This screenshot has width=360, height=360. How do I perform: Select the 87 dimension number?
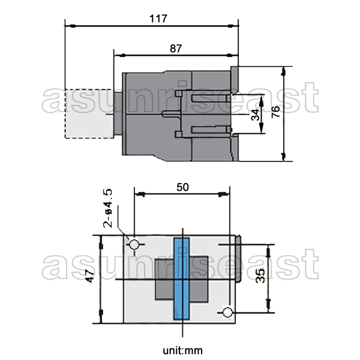tap(176, 49)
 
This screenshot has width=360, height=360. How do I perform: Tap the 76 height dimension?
tap(275, 113)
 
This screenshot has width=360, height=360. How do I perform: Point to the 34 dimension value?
tap(256, 114)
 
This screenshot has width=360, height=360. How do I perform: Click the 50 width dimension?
tap(182, 187)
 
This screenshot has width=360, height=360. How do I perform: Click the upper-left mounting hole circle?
tap(134, 245)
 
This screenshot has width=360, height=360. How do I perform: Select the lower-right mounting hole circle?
tap(227, 313)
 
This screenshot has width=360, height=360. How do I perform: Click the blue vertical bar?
tap(182, 278)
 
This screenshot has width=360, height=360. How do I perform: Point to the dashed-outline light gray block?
tap(87, 113)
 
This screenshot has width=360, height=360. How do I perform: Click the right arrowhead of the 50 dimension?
tap(225, 194)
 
